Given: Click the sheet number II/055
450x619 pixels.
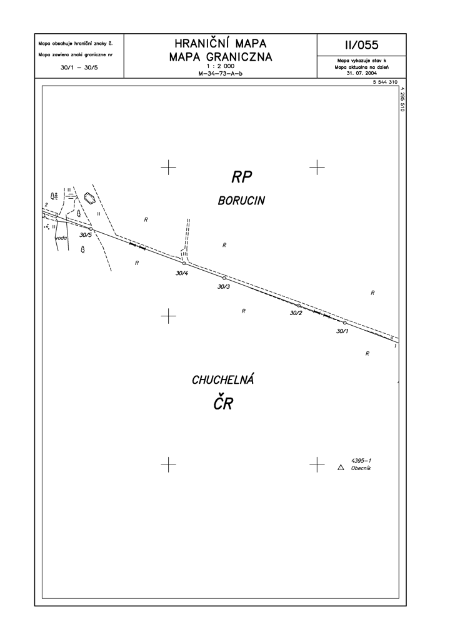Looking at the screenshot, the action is pos(362,45).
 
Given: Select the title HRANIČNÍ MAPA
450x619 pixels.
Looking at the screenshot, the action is pos(220,43).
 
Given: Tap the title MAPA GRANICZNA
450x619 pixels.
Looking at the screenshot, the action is pos(221,58).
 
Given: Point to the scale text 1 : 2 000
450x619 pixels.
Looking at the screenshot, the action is pos(220,66).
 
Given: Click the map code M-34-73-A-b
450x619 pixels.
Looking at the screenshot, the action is pos(220,73).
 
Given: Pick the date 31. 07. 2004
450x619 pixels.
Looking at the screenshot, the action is pos(362,73).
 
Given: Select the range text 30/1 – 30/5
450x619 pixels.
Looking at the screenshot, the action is pos(79,68).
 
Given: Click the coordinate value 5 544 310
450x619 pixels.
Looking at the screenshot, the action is pos(385,82).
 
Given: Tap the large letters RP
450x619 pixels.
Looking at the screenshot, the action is pos(242,177).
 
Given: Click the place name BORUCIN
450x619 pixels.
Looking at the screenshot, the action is pos(241,201).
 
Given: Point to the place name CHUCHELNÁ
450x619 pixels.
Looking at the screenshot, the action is pos(222,380).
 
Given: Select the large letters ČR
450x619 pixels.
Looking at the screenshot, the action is pos(223,403).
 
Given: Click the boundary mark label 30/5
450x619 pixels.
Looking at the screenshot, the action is pos(85,235).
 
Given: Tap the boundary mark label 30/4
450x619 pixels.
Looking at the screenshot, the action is pos(182,273).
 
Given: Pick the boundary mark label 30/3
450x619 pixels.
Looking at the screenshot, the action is pos(223,286).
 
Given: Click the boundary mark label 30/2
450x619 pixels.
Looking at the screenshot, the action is pos(296,313).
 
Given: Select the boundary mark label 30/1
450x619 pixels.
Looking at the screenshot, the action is pos(342,331).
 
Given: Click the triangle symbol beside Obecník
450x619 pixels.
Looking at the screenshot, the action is pos(341,468).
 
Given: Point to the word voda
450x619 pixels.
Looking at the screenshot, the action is pos(61,238).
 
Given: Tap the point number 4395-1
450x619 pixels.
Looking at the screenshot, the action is pos(361,461).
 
